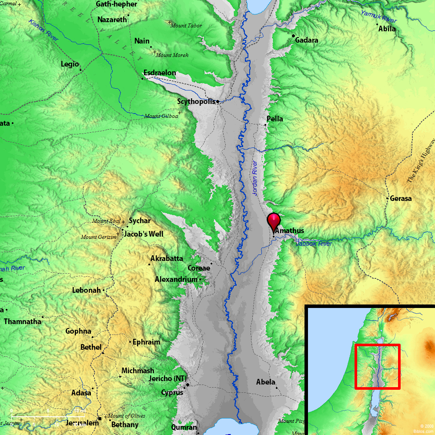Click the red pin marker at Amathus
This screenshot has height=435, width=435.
pyautogui.click(x=274, y=221)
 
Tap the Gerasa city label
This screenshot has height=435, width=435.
pyautogui.click(x=401, y=198)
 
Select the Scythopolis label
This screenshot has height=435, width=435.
pyautogui.click(x=196, y=102)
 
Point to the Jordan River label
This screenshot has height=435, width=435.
pyautogui.click(x=255, y=177)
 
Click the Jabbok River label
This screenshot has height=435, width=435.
pyautogui.click(x=314, y=244)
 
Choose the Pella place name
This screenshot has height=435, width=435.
pyautogui.click(x=274, y=119)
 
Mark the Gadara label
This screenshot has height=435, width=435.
pyautogui.click(x=307, y=40)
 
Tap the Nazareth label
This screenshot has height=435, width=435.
pyautogui.click(x=112, y=20)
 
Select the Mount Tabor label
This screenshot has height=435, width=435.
pyautogui.click(x=186, y=26)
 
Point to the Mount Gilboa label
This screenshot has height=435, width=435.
pyautogui.click(x=161, y=116)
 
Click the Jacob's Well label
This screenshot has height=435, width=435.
pyautogui.click(x=144, y=234)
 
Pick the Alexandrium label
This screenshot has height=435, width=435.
pyautogui.click(x=176, y=279)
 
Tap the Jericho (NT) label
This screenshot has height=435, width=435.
pyautogui.click(x=167, y=379)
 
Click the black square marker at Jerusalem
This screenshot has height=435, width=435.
pyautogui.click(x=100, y=418)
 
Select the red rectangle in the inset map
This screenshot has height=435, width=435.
pyautogui.click(x=377, y=366)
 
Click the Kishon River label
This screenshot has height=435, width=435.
pyautogui.click(x=43, y=30)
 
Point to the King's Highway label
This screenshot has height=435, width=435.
pyautogui.click(x=421, y=161)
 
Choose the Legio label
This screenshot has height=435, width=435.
pyautogui.click(x=70, y=64)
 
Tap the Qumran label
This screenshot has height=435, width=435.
pyautogui.click(x=184, y=427)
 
